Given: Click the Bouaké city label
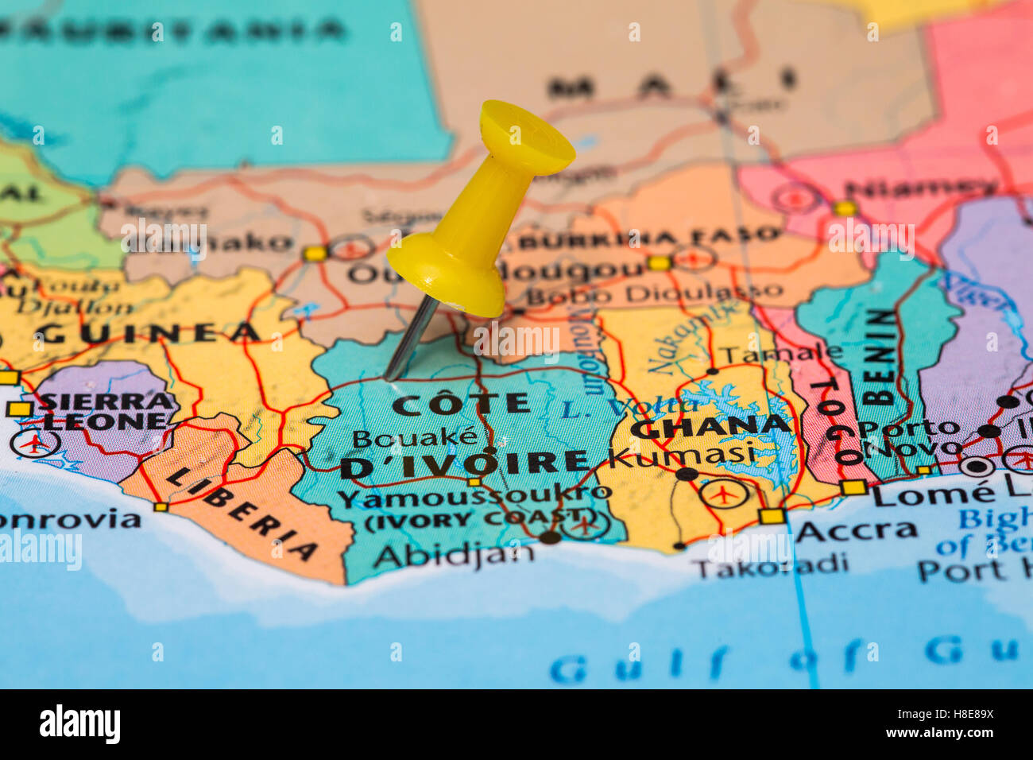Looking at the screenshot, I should click(x=415, y=437).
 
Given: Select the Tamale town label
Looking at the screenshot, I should click(x=780, y=353).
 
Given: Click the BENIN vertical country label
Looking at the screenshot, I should click(x=880, y=357).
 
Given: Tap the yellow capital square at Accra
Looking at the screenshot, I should click(x=771, y=516).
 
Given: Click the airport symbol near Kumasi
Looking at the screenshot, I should click(x=722, y=494).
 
